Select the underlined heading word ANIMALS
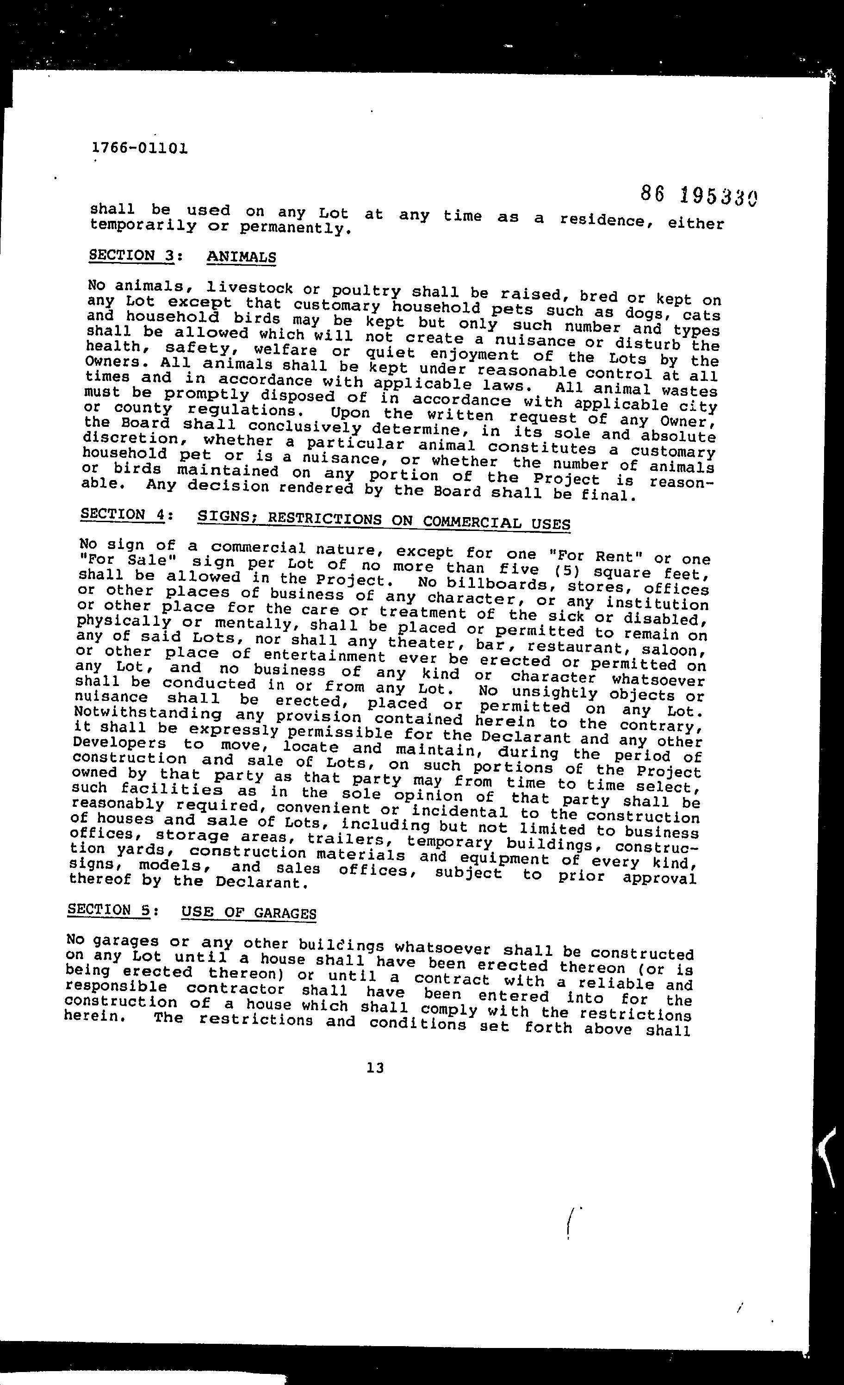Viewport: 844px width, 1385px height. pyautogui.click(x=241, y=257)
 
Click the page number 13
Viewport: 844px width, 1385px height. pyautogui.click(x=375, y=1067)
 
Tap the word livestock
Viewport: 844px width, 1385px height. pyautogui.click(x=249, y=288)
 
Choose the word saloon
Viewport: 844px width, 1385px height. pyautogui.click(x=674, y=650)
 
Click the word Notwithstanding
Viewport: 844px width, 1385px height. pyautogui.click(x=147, y=713)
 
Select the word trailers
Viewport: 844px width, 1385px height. pyautogui.click(x=351, y=839)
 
